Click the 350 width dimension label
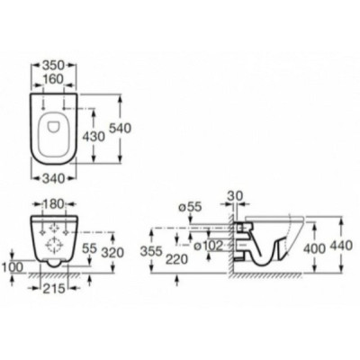[54, 65]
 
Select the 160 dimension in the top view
[53, 79]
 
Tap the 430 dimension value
[94, 137]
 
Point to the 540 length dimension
[120, 129]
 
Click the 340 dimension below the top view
[54, 179]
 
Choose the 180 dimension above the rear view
[54, 204]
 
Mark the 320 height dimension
[112, 253]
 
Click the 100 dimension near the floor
[12, 267]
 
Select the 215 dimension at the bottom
[54, 289]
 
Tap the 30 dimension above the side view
[235, 196]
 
